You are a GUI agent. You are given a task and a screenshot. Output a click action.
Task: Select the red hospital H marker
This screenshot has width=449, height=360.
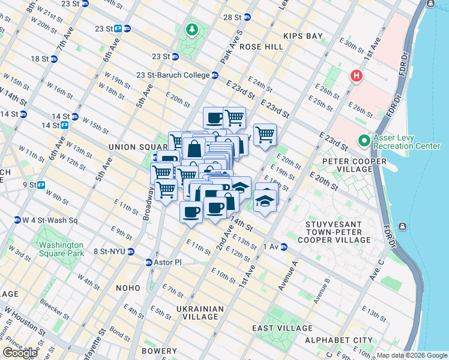[357, 76]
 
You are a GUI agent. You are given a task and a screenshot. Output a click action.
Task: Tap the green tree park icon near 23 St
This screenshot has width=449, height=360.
[191, 29]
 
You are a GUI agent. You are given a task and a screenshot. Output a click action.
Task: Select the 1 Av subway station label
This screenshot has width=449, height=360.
[274, 247]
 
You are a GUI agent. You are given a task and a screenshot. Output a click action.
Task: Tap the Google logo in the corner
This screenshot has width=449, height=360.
[20, 353]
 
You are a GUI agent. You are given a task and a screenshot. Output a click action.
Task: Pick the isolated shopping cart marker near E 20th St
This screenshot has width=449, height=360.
[265, 134]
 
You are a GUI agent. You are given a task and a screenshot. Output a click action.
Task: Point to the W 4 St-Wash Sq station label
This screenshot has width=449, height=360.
[47, 220]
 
